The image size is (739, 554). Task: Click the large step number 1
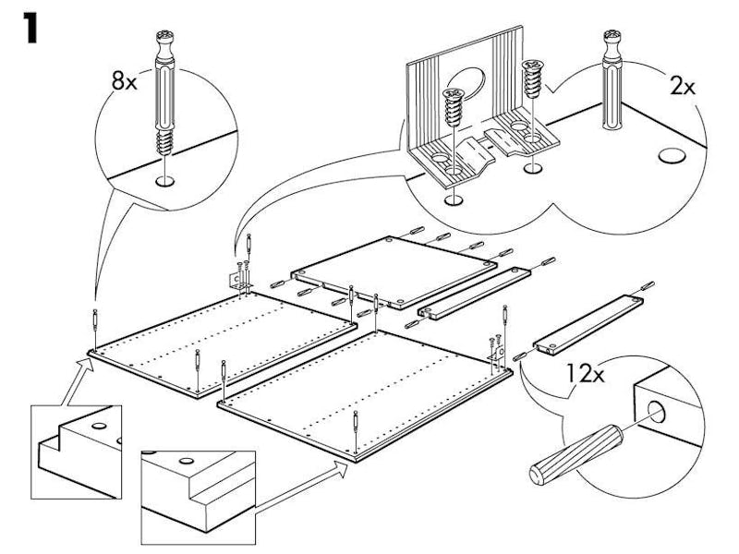click(x=31, y=29)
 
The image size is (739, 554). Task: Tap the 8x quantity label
click(x=124, y=80)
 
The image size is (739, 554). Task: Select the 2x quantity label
click(x=682, y=87)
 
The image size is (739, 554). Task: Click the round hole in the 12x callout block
click(x=656, y=412)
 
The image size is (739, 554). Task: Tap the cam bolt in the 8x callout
click(x=165, y=92)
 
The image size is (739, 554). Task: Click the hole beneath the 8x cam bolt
click(x=165, y=181)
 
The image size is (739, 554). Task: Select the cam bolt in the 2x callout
click(x=612, y=79)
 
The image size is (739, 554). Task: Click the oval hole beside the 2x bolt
click(x=672, y=155)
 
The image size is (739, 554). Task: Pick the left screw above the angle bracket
click(x=454, y=107)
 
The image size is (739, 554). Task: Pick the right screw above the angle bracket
click(x=533, y=78)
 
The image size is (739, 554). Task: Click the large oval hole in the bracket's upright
click(x=466, y=84)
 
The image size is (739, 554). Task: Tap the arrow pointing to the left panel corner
click(x=78, y=381)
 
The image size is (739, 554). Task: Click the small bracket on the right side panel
click(x=497, y=355)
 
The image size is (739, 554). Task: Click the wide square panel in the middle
click(x=394, y=272)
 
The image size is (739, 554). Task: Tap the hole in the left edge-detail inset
click(x=99, y=427)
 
